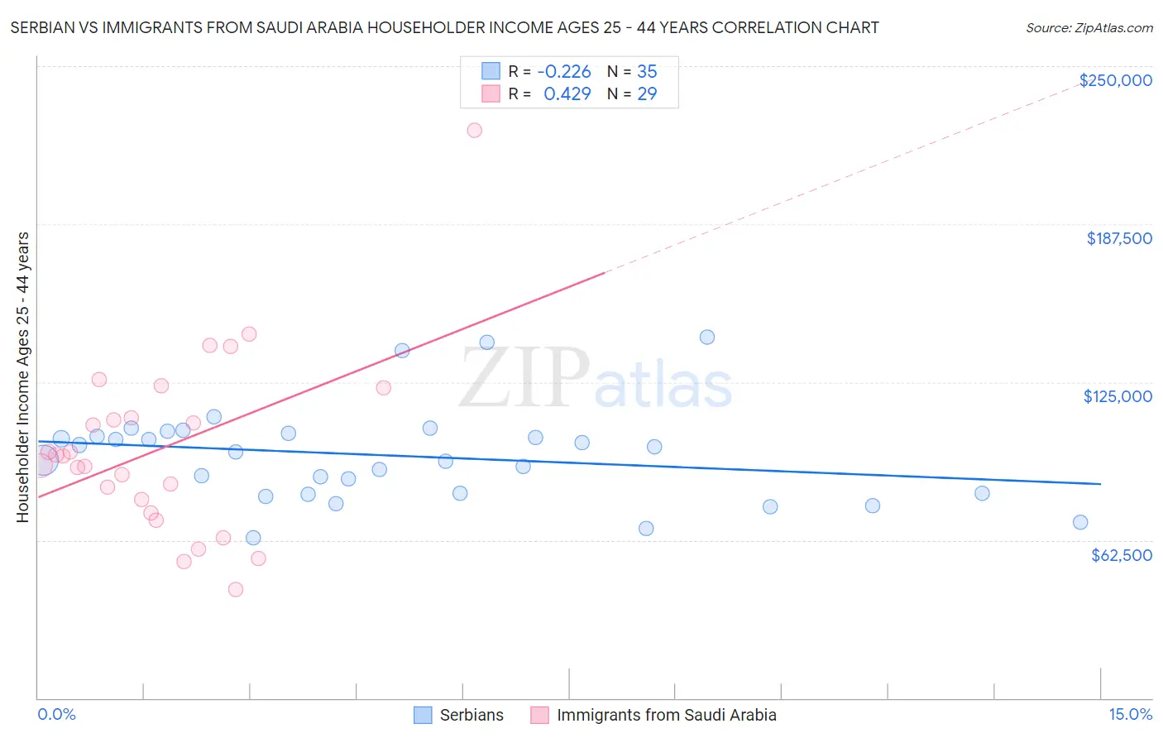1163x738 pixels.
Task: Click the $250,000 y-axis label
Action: pos(1115,80)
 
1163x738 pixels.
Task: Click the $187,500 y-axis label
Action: pos(1118,238)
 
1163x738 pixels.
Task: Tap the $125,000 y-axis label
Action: pos(1118,396)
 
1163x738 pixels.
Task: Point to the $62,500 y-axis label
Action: pos(1121,555)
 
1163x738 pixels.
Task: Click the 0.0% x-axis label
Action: pos(56,714)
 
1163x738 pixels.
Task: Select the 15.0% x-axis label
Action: pos(1130,714)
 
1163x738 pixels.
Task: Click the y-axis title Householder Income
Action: pos(22,376)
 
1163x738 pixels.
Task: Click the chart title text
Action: pos(444,27)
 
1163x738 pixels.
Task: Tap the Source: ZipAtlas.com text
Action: pos(1089,28)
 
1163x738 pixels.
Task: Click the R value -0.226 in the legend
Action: pos(563,72)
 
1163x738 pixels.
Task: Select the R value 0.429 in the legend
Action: pos(567,94)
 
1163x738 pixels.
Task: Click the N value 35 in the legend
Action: pos(647,72)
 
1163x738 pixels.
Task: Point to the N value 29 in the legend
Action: pos(647,94)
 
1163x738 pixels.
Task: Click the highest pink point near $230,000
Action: pos(474,130)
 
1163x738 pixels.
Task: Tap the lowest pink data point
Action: pos(236,589)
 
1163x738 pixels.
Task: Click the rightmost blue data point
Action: pos(1080,522)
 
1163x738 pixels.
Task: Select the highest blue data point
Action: pos(707,337)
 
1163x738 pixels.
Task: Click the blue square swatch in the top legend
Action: pos(491,71)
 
